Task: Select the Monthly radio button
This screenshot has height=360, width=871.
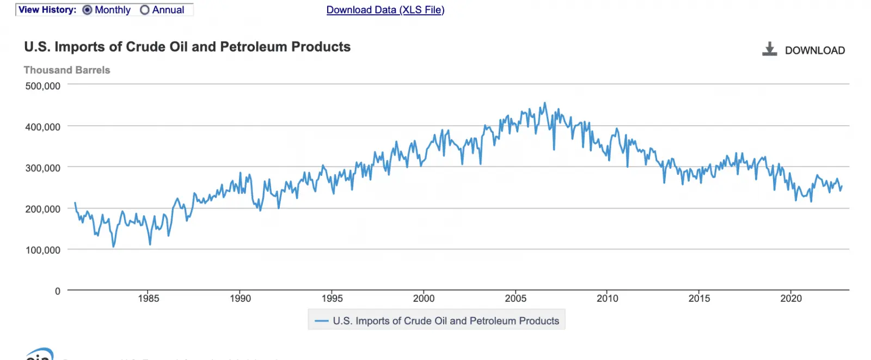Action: pos(87,10)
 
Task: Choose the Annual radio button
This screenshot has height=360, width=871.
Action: pos(145,10)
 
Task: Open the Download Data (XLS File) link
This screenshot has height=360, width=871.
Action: pos(385,10)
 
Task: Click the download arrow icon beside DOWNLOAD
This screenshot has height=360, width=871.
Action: pos(769,50)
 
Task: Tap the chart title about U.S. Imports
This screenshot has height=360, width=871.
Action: pos(187,47)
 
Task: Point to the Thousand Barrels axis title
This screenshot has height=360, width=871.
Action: pos(67,70)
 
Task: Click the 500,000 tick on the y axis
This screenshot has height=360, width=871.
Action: pos(43,86)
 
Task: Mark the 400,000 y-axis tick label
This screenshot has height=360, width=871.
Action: pos(43,127)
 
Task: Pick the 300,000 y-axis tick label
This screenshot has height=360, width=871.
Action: pos(43,168)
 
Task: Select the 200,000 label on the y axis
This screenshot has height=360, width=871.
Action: pos(43,209)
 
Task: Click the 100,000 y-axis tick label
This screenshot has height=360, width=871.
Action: pos(43,250)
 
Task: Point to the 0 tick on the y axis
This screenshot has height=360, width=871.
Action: pos(58,291)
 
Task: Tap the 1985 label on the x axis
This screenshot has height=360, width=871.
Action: pos(149,298)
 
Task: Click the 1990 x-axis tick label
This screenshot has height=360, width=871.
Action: pos(240,298)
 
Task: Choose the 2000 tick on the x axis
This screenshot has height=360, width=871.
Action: pos(424,298)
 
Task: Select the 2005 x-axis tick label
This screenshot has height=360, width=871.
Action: pos(516,298)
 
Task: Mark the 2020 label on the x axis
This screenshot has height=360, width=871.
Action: pos(791,298)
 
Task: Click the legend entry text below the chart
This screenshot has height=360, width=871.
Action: pos(446,321)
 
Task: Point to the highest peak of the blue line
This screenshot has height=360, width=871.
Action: pos(545,103)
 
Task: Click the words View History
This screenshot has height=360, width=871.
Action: pos(47,10)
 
